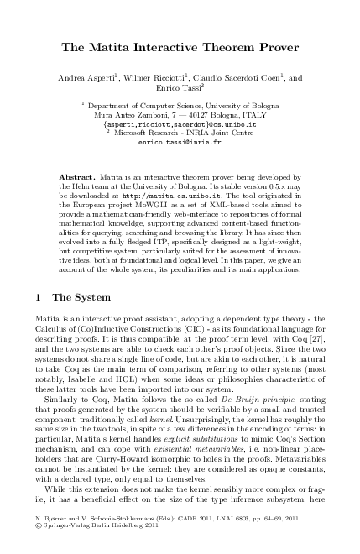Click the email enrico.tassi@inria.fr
180,143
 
